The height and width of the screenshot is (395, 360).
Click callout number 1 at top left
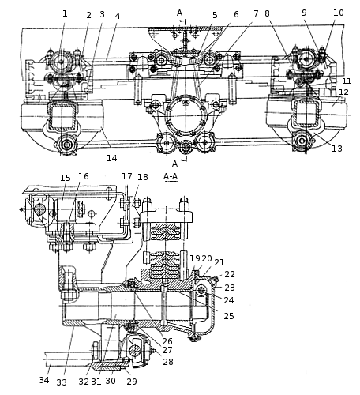pyautogui.click(x=65, y=13)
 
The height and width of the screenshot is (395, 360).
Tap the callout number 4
pyautogui.click(x=118, y=16)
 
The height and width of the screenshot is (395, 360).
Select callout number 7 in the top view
pyautogui.click(x=256, y=13)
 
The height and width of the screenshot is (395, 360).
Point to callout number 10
pyautogui.click(x=339, y=13)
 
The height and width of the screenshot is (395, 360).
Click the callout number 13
pyautogui.click(x=337, y=149)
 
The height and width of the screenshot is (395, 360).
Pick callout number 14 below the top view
pyautogui.click(x=112, y=158)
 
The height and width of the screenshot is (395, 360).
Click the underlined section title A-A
pyautogui.click(x=171, y=176)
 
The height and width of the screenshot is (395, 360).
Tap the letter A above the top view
pyautogui.click(x=179, y=13)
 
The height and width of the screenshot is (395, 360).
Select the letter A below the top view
pyautogui.click(x=175, y=164)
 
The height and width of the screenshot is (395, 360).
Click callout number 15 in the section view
pyautogui.click(x=66, y=178)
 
